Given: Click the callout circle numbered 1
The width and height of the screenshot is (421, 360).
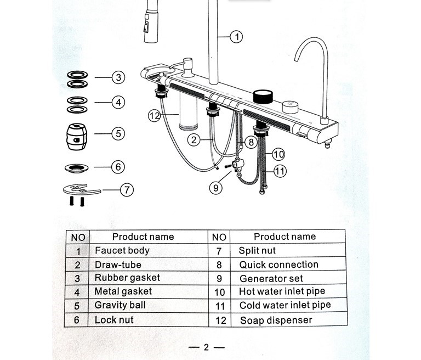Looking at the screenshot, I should point(236,37).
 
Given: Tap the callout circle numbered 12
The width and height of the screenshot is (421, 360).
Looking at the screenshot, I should point(156,115).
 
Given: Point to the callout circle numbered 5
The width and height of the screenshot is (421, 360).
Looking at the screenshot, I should point(118,133).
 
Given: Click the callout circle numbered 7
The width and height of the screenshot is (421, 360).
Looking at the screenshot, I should point(127,190).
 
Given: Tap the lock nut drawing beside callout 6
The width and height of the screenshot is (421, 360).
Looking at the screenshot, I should point(77,166).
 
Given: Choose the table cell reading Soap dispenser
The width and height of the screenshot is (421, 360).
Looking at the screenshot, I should point(276,320).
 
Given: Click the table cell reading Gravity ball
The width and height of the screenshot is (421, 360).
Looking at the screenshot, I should point(120,305).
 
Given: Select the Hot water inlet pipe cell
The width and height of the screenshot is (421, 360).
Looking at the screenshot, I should point(282,291).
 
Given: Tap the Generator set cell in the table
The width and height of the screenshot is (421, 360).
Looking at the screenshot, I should point(271,278).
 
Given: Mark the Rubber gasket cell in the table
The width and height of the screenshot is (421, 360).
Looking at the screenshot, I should point(127,278).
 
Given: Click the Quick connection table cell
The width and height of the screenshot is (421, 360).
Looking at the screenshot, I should point(278,265).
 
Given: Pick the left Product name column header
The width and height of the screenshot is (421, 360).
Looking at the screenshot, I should point(143,237).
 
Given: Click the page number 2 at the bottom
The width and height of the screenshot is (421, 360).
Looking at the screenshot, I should point(207,347).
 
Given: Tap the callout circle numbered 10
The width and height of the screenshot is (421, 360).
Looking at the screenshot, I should point(278,154).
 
